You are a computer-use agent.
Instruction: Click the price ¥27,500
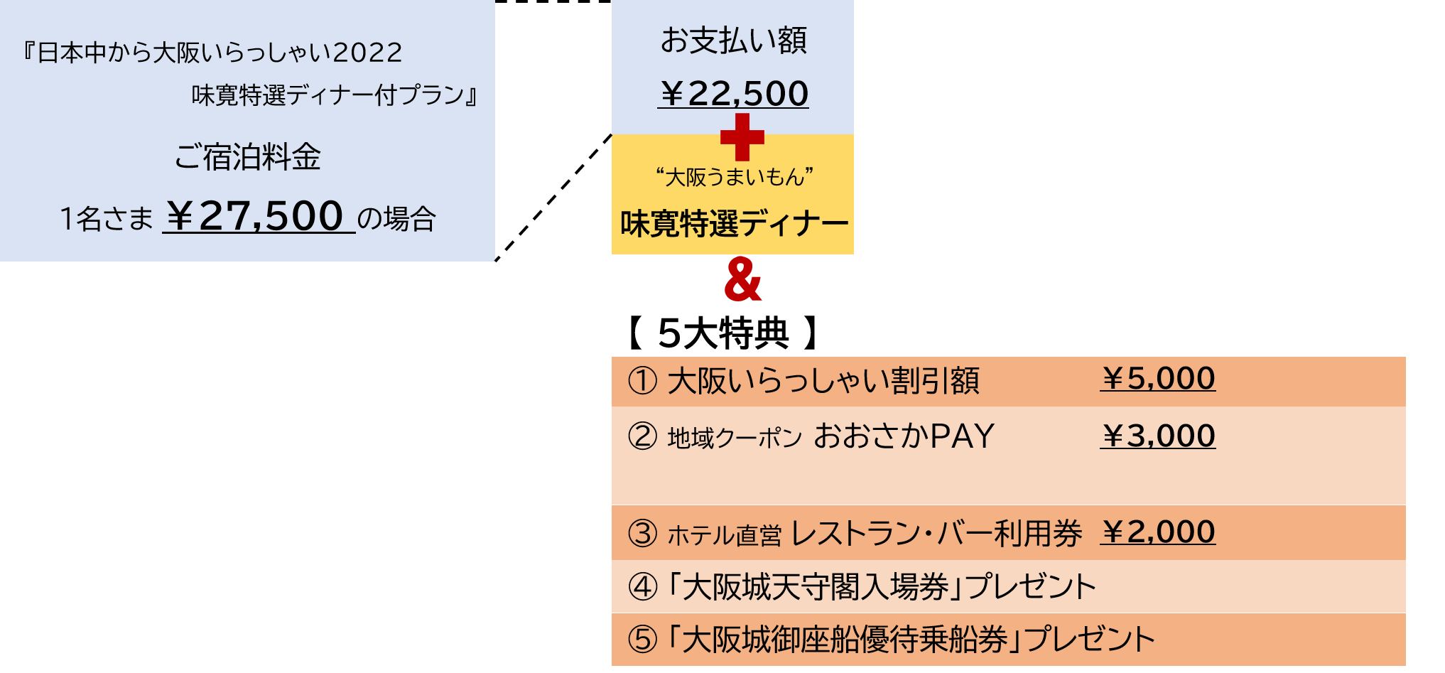coord(259,216)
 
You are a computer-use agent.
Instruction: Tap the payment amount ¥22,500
coord(733,94)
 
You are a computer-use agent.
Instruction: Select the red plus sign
coord(742,136)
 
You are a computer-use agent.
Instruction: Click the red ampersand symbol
coord(742,279)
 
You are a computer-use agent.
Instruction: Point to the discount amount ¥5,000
coord(1157,379)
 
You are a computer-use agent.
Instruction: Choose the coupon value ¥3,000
coord(1157,436)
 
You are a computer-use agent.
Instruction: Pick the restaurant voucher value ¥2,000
coord(1157,532)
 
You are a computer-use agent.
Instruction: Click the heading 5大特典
coord(723,333)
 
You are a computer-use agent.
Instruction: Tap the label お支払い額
coord(733,41)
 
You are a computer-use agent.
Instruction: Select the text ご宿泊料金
coord(247,157)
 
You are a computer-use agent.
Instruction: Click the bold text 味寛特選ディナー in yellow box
coord(734,224)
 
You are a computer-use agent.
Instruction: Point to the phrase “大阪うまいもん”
coord(734,176)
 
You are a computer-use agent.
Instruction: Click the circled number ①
coord(642,381)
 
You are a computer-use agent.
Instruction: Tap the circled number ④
coord(642,587)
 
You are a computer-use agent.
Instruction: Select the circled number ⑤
coord(642,640)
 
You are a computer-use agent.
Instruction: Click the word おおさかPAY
coord(904,436)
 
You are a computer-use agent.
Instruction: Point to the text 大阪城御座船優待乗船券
coord(845,640)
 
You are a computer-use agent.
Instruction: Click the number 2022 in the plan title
coord(367,53)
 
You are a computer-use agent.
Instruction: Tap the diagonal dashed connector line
coord(553,198)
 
